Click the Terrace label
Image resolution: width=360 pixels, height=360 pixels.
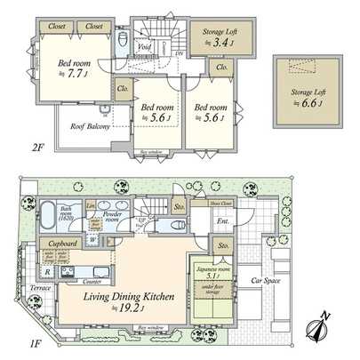[x=39, y=289]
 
